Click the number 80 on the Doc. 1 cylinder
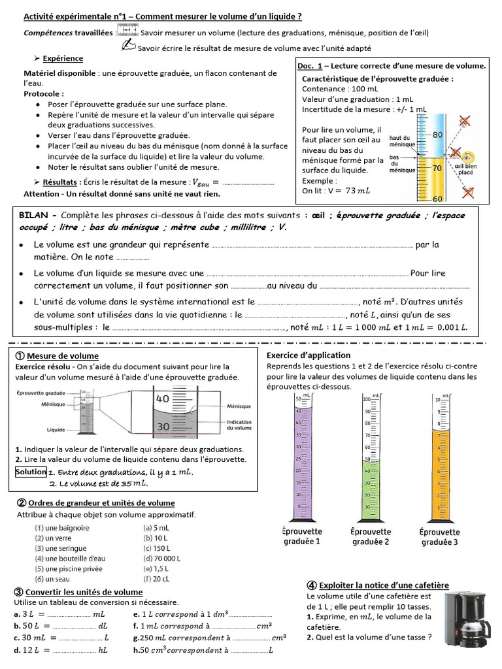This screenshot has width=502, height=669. (438, 135)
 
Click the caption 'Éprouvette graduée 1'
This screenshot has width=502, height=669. (300, 536)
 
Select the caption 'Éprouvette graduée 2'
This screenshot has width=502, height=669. (371, 536)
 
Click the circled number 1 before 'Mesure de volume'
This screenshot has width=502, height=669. (18, 356)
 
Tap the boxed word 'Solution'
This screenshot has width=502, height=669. (31, 472)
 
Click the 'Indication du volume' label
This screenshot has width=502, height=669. (239, 426)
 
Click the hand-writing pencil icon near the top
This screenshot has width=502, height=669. (129, 46)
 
